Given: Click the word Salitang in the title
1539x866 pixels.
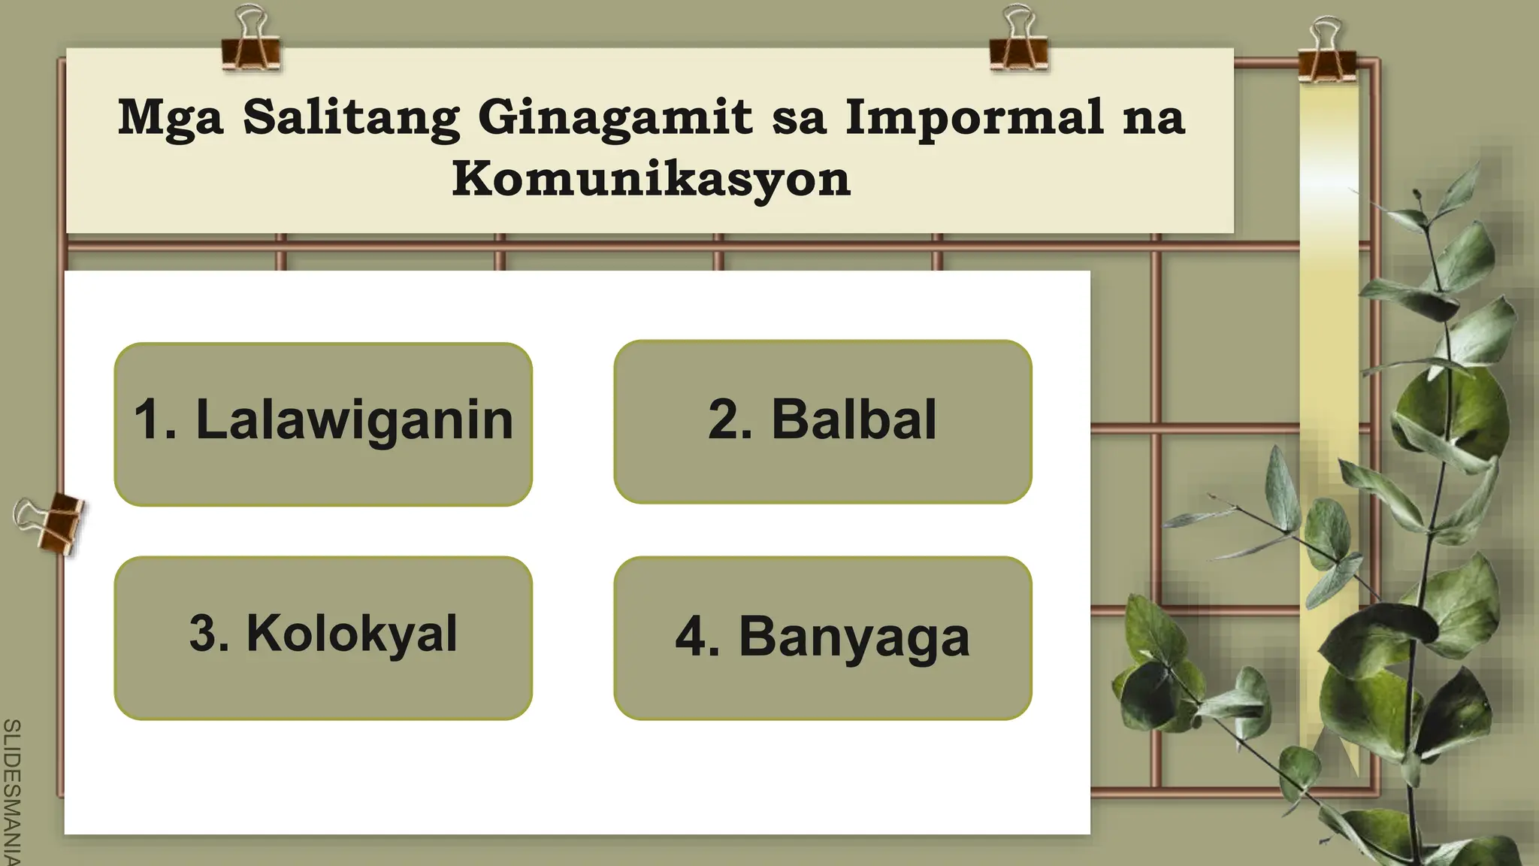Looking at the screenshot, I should point(351,117).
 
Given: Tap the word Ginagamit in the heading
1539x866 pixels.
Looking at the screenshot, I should point(615,119).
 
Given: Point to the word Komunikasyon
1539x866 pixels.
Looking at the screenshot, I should point(651,179).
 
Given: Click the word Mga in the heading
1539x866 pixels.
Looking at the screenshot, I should point(171,119).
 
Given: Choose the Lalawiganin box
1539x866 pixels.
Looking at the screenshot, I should point(323,424).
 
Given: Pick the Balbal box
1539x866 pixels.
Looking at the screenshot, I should point(822,422).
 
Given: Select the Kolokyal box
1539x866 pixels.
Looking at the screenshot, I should point(323,637).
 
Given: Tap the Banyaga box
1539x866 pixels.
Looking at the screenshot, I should point(822,637).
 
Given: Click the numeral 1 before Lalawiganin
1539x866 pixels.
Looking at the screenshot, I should point(147,419).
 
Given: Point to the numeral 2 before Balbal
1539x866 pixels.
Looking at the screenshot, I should point(724,419).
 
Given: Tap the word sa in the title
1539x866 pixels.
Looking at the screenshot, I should point(799,119).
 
